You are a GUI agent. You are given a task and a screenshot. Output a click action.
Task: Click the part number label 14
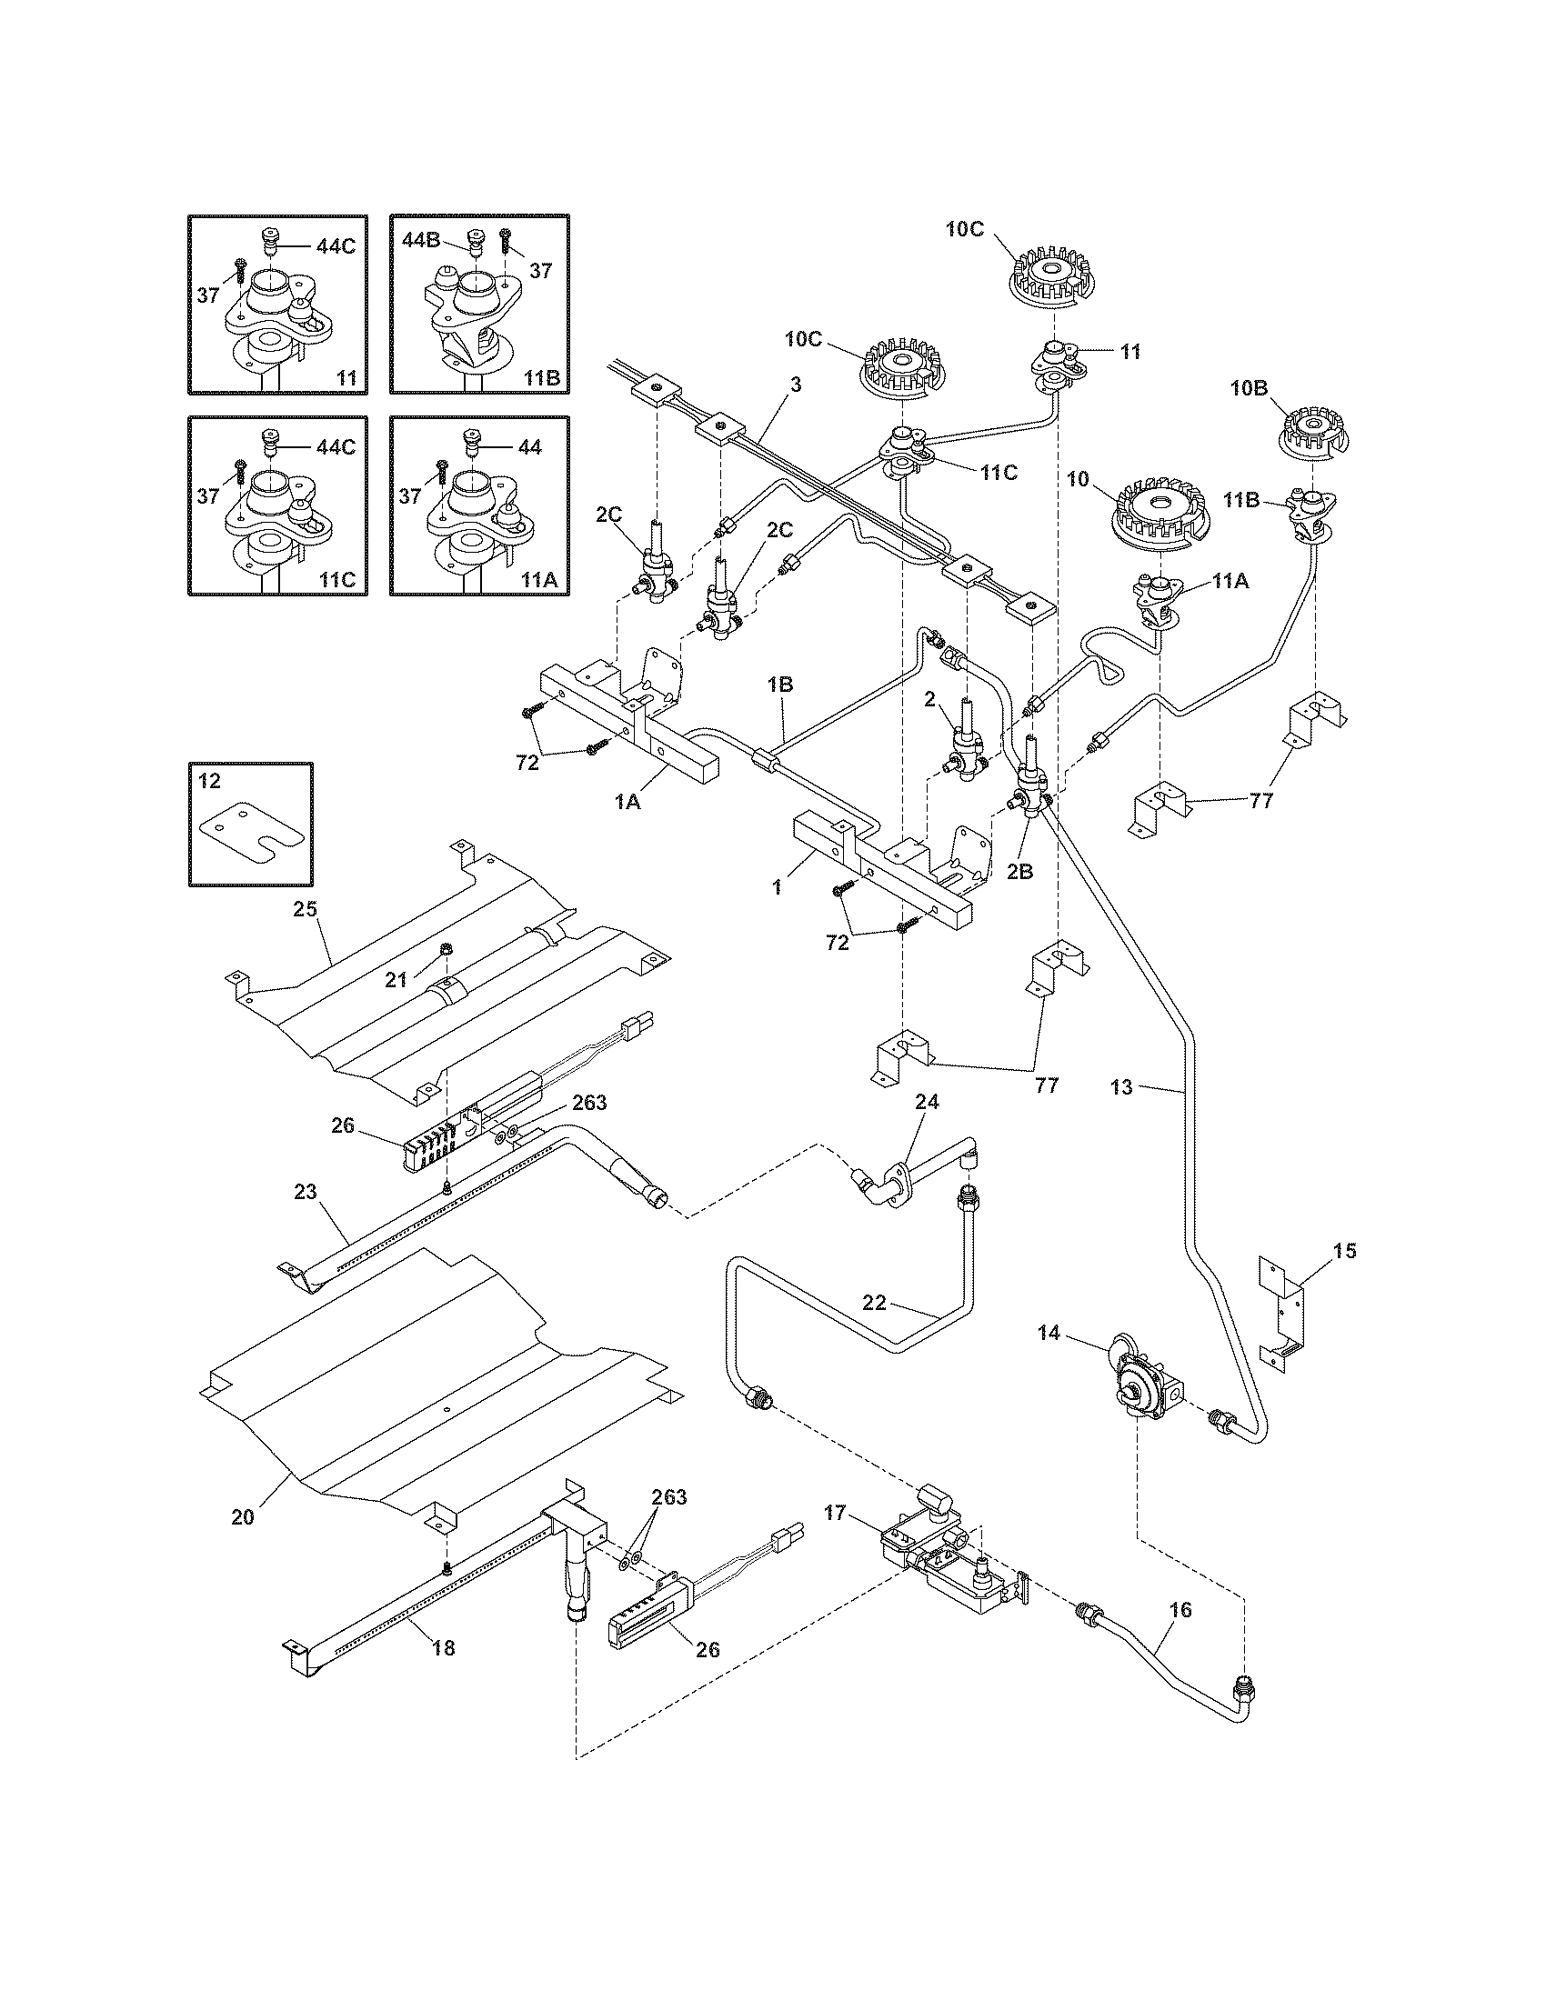point(1049,1334)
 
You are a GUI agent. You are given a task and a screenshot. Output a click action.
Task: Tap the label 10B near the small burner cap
point(1249,387)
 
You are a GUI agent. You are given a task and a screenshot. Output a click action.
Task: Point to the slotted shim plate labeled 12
point(249,832)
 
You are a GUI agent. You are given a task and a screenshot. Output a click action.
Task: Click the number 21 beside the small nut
point(396,980)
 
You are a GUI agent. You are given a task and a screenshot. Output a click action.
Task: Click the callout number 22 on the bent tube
point(875,1302)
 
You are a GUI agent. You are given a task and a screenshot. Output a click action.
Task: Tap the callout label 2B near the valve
point(1019,872)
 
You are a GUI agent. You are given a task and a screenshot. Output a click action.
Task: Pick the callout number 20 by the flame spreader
point(242,1516)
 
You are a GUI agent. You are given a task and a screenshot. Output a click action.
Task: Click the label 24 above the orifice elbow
point(927,1102)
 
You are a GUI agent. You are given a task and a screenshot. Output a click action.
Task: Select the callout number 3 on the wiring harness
point(796,385)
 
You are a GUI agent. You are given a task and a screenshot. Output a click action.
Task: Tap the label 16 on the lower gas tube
point(1180,1609)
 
